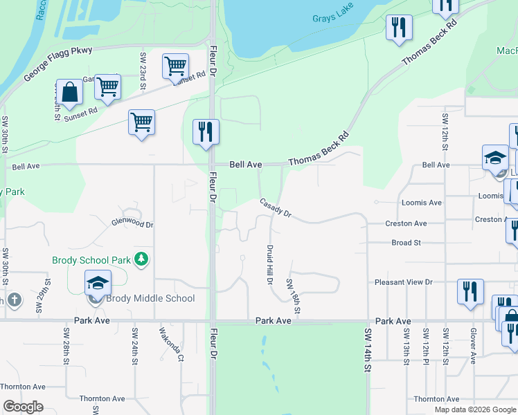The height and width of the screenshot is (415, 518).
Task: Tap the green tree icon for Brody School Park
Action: tap(142, 259)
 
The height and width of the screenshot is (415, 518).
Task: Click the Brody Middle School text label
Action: tap(150, 299)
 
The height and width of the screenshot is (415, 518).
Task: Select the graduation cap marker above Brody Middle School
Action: tap(98, 283)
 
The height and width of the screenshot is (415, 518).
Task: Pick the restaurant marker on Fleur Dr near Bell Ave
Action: tap(206, 131)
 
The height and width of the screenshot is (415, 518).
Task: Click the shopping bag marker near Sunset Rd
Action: tap(69, 92)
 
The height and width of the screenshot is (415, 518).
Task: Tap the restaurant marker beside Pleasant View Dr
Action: tap(470, 290)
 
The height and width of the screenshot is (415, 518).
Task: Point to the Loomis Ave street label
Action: tap(422, 203)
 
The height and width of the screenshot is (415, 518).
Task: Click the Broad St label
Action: tap(406, 243)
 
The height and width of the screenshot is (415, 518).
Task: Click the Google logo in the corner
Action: tap(24, 407)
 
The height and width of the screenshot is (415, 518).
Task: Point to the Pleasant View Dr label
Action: tap(403, 282)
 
